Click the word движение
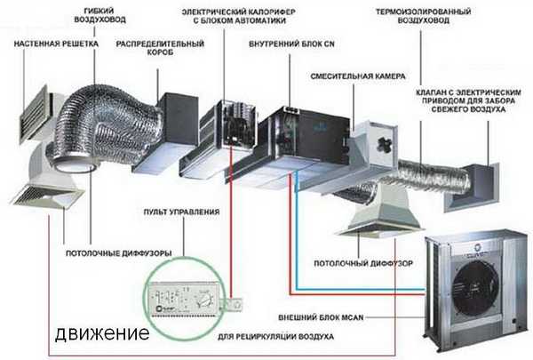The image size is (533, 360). [100, 334]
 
